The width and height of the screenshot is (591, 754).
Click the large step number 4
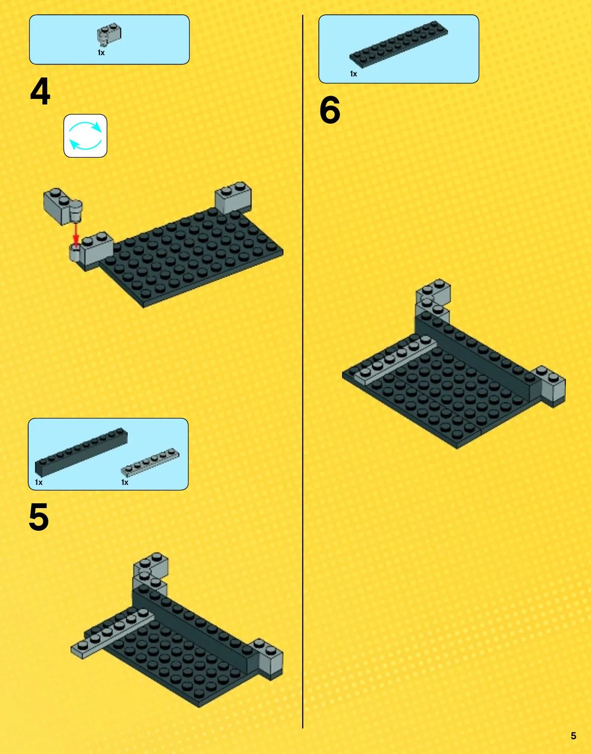pyautogui.click(x=40, y=91)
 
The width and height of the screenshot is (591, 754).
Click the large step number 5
pyautogui.click(x=39, y=517)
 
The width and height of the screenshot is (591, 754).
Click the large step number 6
pyautogui.click(x=330, y=110)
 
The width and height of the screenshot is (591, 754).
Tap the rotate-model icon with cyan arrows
pyautogui.click(x=85, y=136)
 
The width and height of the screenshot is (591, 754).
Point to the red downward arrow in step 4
pyautogui.click(x=75, y=234)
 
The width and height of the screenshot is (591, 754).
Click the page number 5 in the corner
pyautogui.click(x=573, y=736)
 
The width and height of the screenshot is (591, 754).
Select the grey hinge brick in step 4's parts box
pyautogui.click(x=109, y=34)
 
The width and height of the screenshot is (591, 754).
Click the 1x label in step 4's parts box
pyautogui.click(x=101, y=53)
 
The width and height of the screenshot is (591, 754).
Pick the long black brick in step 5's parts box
pyautogui.click(x=81, y=452)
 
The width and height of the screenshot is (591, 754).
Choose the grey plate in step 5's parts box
pyautogui.click(x=150, y=462)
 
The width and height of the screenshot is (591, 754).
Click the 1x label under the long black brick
pyautogui.click(x=39, y=482)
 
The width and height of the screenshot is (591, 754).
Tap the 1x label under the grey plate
pyautogui.click(x=125, y=482)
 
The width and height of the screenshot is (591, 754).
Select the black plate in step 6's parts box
pyautogui.click(x=398, y=44)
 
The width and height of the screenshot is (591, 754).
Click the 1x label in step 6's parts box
pyautogui.click(x=353, y=74)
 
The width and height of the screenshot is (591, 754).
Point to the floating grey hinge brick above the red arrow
pyautogui.click(x=63, y=206)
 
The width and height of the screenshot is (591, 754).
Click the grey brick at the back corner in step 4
pyautogui.click(x=233, y=198)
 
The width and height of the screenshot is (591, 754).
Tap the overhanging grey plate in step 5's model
pyautogui.click(x=112, y=634)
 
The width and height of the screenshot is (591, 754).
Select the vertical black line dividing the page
pyautogui.click(x=303, y=371)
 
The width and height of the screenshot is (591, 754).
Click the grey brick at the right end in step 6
pyautogui.click(x=551, y=385)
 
